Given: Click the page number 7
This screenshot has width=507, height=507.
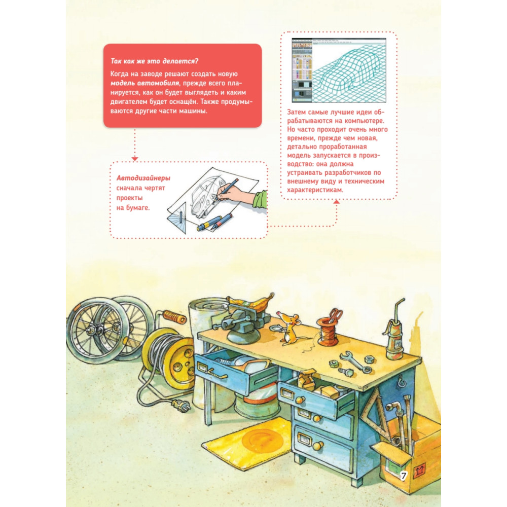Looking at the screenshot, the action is [404, 476].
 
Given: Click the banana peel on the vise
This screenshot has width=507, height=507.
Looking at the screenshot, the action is [250, 302].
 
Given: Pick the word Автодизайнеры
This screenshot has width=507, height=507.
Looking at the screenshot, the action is [143, 178].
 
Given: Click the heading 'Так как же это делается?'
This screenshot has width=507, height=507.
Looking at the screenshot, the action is [154, 61].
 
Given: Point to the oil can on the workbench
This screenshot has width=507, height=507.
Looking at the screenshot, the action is [396, 333].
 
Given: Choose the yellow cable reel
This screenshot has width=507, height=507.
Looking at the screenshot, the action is [169, 352].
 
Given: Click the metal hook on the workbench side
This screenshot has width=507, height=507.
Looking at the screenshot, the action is [402, 382].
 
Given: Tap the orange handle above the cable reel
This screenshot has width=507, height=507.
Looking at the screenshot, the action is [174, 316].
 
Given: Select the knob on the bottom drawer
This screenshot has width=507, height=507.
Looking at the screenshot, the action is [318, 446].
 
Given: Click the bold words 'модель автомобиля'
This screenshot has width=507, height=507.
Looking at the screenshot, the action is [144, 83].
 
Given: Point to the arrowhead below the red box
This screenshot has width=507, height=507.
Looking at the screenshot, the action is [135, 159].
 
